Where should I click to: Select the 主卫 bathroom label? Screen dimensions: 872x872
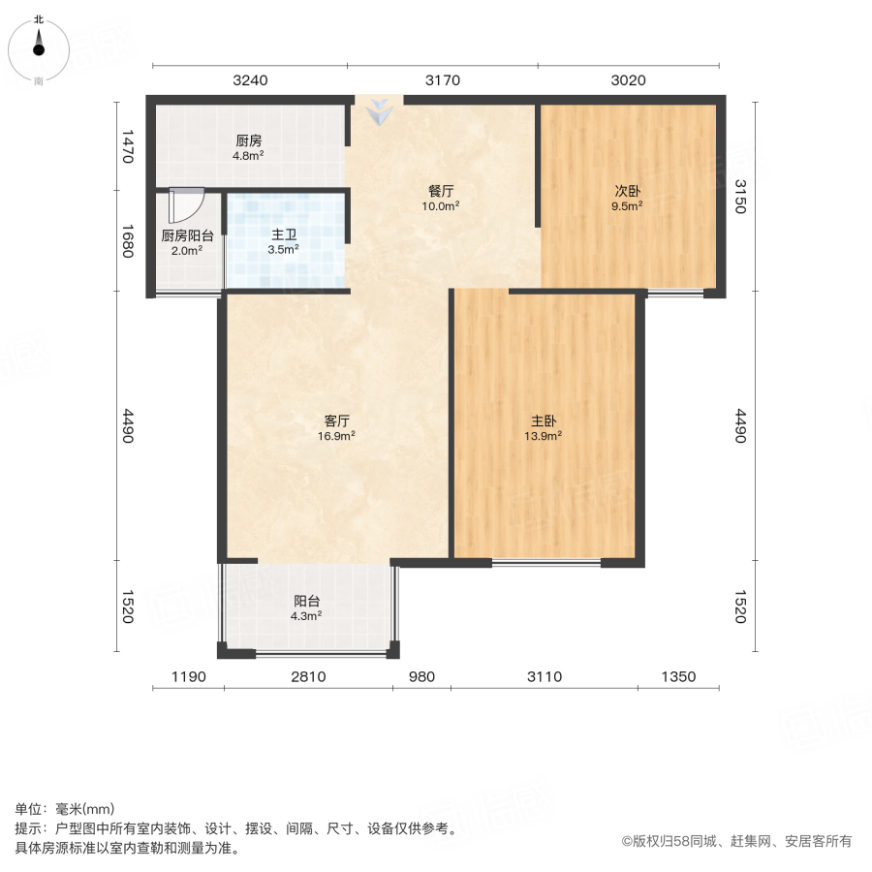coord(284,234)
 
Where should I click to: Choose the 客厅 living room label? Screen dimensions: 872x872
coord(337,421)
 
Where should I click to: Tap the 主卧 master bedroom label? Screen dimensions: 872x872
coord(544,421)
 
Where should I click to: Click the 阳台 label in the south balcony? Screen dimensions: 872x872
coord(307,601)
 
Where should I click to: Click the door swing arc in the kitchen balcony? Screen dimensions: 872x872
coord(187,206)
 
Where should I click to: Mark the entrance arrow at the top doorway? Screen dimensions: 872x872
coord(379,112)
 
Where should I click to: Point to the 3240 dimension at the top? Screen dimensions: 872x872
coord(250,80)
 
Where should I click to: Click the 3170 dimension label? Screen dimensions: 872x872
coord(442,80)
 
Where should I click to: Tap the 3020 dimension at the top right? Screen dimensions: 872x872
coord(628,80)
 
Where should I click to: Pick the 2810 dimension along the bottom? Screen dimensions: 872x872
coord(308,677)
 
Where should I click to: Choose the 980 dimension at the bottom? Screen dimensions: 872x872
coord(421,677)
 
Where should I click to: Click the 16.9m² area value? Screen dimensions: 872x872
coord(337,436)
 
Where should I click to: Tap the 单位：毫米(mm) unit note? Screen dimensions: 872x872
coord(65,810)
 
